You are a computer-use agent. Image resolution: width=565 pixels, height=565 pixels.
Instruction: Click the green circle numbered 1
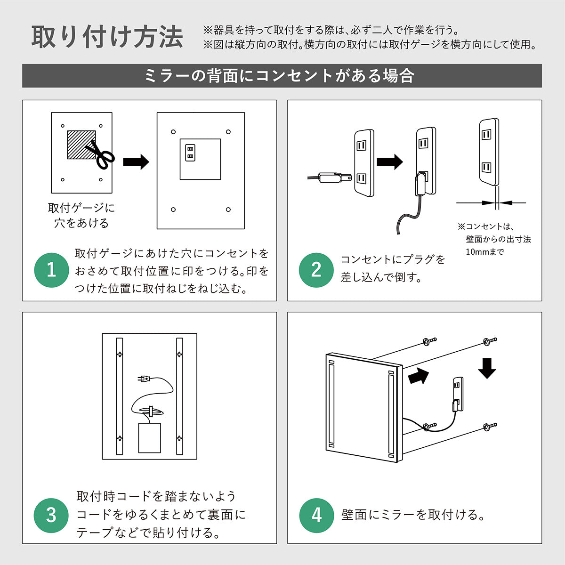click(x=52, y=270)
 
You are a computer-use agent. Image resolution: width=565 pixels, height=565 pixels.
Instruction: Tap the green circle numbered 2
click(x=316, y=270)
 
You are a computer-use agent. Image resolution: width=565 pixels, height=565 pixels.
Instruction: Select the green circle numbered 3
click(x=51, y=516)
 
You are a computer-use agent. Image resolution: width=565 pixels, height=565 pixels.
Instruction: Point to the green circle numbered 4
click(x=317, y=516)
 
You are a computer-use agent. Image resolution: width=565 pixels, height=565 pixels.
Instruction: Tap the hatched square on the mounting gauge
click(x=81, y=145)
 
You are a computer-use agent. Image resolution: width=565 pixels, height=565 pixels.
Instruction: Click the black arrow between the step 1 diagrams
click(x=136, y=162)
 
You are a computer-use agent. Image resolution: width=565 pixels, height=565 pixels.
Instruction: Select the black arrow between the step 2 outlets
click(x=390, y=162)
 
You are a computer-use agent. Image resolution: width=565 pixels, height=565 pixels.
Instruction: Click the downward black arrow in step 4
click(x=487, y=368)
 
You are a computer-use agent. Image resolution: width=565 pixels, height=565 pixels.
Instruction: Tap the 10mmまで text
click(x=485, y=251)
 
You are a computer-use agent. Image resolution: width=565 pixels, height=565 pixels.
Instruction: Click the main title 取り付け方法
click(x=108, y=37)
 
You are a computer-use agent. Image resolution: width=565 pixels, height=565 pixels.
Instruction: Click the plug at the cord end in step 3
click(x=144, y=379)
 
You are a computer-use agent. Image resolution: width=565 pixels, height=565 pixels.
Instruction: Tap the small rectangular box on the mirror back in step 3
click(x=150, y=438)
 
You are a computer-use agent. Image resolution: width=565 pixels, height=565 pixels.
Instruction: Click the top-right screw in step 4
click(x=490, y=341)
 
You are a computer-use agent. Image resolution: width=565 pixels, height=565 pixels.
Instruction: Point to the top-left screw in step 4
click(x=429, y=341)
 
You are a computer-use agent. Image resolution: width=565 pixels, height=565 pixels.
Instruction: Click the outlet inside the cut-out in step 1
click(x=190, y=153)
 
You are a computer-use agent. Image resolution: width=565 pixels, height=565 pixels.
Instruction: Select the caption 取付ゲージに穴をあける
click(x=81, y=216)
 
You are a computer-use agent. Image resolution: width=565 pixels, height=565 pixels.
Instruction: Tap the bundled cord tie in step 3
click(x=151, y=411)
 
